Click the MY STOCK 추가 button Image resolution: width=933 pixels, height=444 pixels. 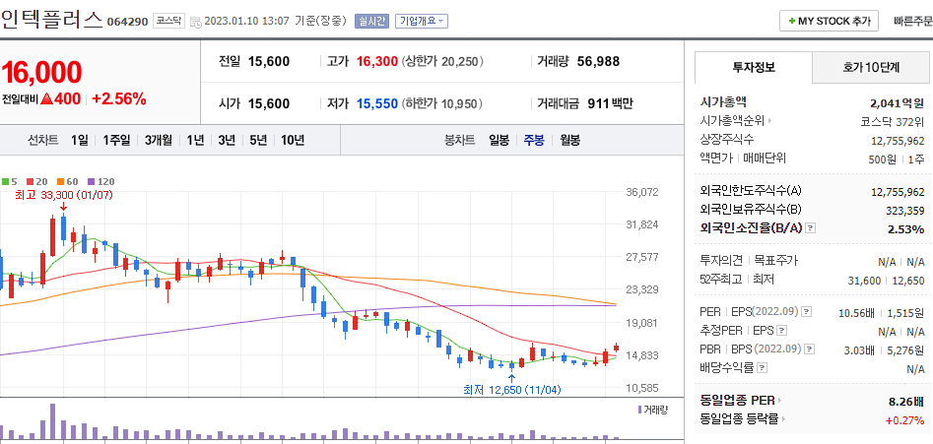(828, 21)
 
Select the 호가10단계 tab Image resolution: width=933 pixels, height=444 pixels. (870, 68)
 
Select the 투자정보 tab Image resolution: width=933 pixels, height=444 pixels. (754, 68)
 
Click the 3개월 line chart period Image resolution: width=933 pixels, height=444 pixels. (159, 140)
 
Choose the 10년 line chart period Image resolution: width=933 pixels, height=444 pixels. (293, 140)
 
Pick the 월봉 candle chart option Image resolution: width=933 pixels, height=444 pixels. (569, 140)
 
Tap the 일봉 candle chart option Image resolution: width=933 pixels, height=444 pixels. (499, 140)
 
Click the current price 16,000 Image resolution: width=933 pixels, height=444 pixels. (41, 72)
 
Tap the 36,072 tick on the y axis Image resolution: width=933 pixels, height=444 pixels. (641, 192)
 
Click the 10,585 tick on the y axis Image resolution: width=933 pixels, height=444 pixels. (641, 388)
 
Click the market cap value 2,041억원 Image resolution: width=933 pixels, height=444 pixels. (897, 101)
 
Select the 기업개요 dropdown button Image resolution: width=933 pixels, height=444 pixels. (422, 21)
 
